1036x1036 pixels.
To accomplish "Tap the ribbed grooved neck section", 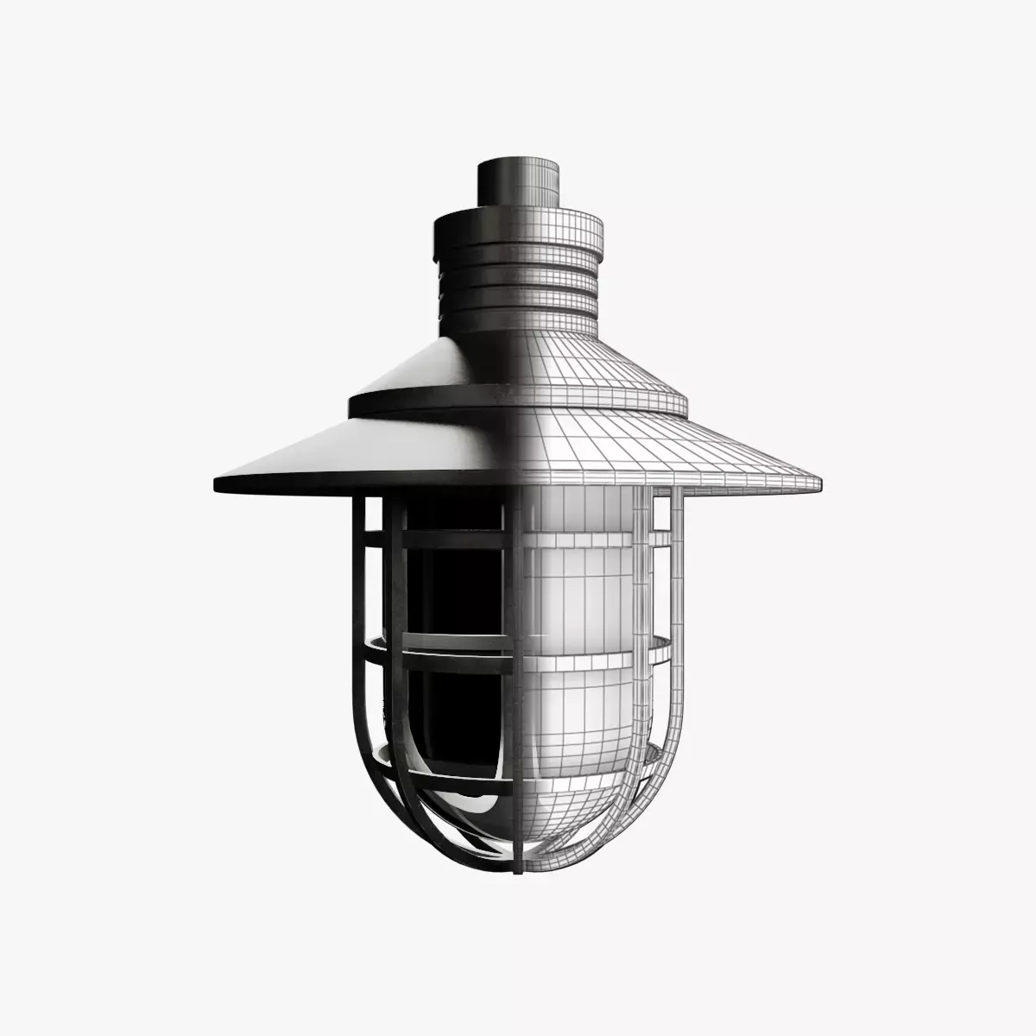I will tap(518, 289).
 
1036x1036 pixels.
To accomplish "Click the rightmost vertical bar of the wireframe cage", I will tap(675, 622).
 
